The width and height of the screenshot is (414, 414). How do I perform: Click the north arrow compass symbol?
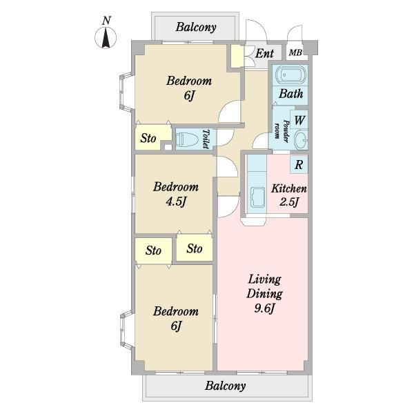point(106,38)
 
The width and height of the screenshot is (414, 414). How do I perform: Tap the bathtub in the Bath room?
point(290,75)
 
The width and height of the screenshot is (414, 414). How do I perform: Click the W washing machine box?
point(299,119)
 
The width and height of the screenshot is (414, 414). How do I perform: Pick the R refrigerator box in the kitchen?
point(299,164)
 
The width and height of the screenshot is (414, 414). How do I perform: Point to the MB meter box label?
point(295,52)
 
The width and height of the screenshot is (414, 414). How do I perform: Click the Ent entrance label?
point(264,53)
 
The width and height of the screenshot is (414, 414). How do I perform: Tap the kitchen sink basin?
point(257,197)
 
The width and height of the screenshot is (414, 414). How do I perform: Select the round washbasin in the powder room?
point(302,139)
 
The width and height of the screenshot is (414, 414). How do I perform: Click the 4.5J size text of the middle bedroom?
point(176,201)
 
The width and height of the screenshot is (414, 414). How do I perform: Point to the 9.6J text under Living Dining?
point(264,308)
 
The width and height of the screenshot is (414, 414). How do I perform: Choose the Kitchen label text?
point(289,188)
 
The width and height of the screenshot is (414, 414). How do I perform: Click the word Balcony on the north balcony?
point(196,27)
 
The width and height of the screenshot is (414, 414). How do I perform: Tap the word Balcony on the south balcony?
point(225,386)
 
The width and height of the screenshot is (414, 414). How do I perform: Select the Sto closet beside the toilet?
point(153,137)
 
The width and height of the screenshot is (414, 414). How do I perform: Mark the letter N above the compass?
point(106,20)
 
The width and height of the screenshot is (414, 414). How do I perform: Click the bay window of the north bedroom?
point(126,92)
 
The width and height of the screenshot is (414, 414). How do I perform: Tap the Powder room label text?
point(282,130)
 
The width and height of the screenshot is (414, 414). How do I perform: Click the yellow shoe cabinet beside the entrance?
point(237,57)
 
